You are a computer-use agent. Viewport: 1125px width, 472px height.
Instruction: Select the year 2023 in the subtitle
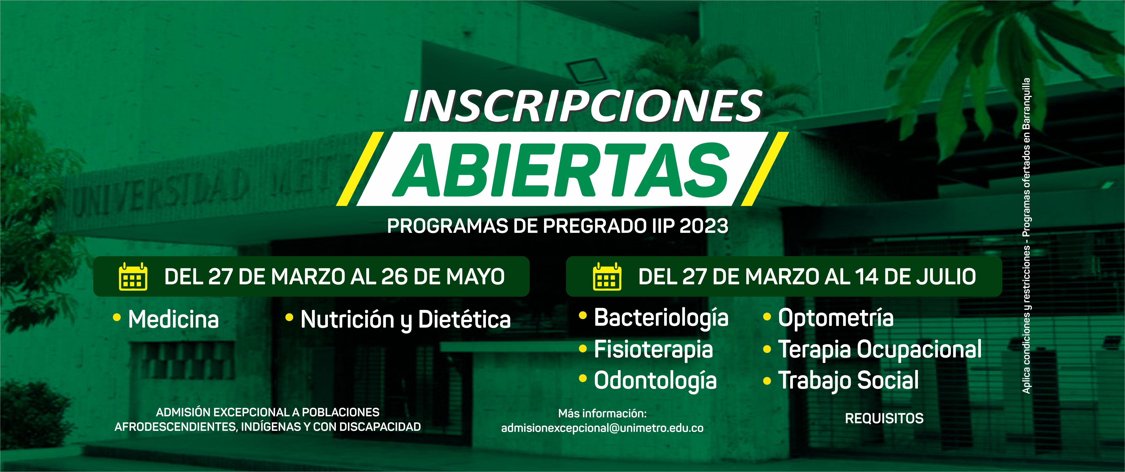point(704,226)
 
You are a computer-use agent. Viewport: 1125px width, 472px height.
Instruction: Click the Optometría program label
point(835,318)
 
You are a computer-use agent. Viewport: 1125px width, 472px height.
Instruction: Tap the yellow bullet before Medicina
point(117,318)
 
